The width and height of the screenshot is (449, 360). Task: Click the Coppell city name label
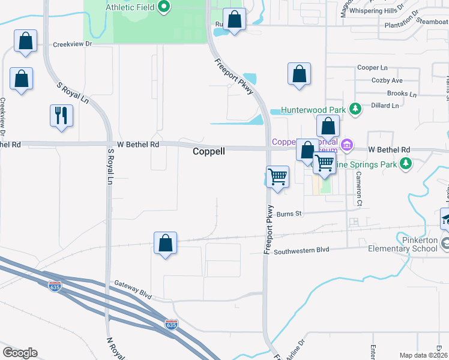pyautogui.click(x=209, y=152)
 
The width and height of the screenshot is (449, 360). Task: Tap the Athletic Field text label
pyautogui.click(x=130, y=8)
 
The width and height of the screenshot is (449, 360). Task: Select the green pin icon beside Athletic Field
pyautogui.click(x=164, y=8)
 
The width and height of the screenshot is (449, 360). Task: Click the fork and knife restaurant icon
pyautogui.click(x=61, y=115)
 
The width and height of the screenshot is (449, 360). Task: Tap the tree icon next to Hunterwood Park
pyautogui.click(x=355, y=109)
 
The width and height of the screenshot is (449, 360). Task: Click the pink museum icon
pyautogui.click(x=346, y=145)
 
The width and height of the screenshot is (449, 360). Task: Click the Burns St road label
pyautogui.click(x=288, y=214)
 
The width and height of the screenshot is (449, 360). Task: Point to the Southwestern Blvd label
pyautogui.click(x=302, y=252)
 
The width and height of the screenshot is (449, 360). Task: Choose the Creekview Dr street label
pyautogui.click(x=72, y=44)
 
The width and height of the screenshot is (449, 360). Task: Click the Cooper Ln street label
pyautogui.click(x=372, y=68)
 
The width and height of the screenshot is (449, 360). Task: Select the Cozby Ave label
pyautogui.click(x=387, y=80)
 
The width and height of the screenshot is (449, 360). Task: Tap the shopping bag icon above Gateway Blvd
pyautogui.click(x=165, y=244)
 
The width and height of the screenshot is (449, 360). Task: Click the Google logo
pyautogui.click(x=20, y=353)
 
